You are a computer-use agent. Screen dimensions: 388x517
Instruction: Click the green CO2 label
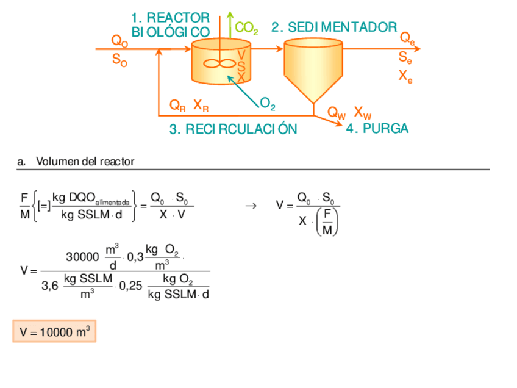click(x=246, y=28)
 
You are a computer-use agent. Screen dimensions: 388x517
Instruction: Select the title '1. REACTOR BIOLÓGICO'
click(x=171, y=25)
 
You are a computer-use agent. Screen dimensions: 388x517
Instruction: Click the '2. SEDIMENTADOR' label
click(x=334, y=27)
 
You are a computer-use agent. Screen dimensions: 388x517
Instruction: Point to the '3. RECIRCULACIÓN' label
click(x=234, y=129)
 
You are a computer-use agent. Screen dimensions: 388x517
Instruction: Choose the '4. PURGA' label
click(x=377, y=129)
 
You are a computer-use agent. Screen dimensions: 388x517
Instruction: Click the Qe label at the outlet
click(x=407, y=38)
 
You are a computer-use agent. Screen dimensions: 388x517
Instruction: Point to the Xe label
click(x=405, y=76)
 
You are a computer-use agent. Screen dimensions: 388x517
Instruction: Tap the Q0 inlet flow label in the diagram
click(x=119, y=41)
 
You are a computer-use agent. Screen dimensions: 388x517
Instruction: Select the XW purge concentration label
click(x=363, y=113)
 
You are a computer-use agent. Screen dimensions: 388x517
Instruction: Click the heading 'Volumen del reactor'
click(x=85, y=162)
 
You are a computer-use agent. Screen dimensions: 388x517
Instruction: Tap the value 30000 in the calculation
click(x=82, y=257)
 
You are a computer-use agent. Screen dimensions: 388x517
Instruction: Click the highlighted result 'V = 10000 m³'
click(x=55, y=332)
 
